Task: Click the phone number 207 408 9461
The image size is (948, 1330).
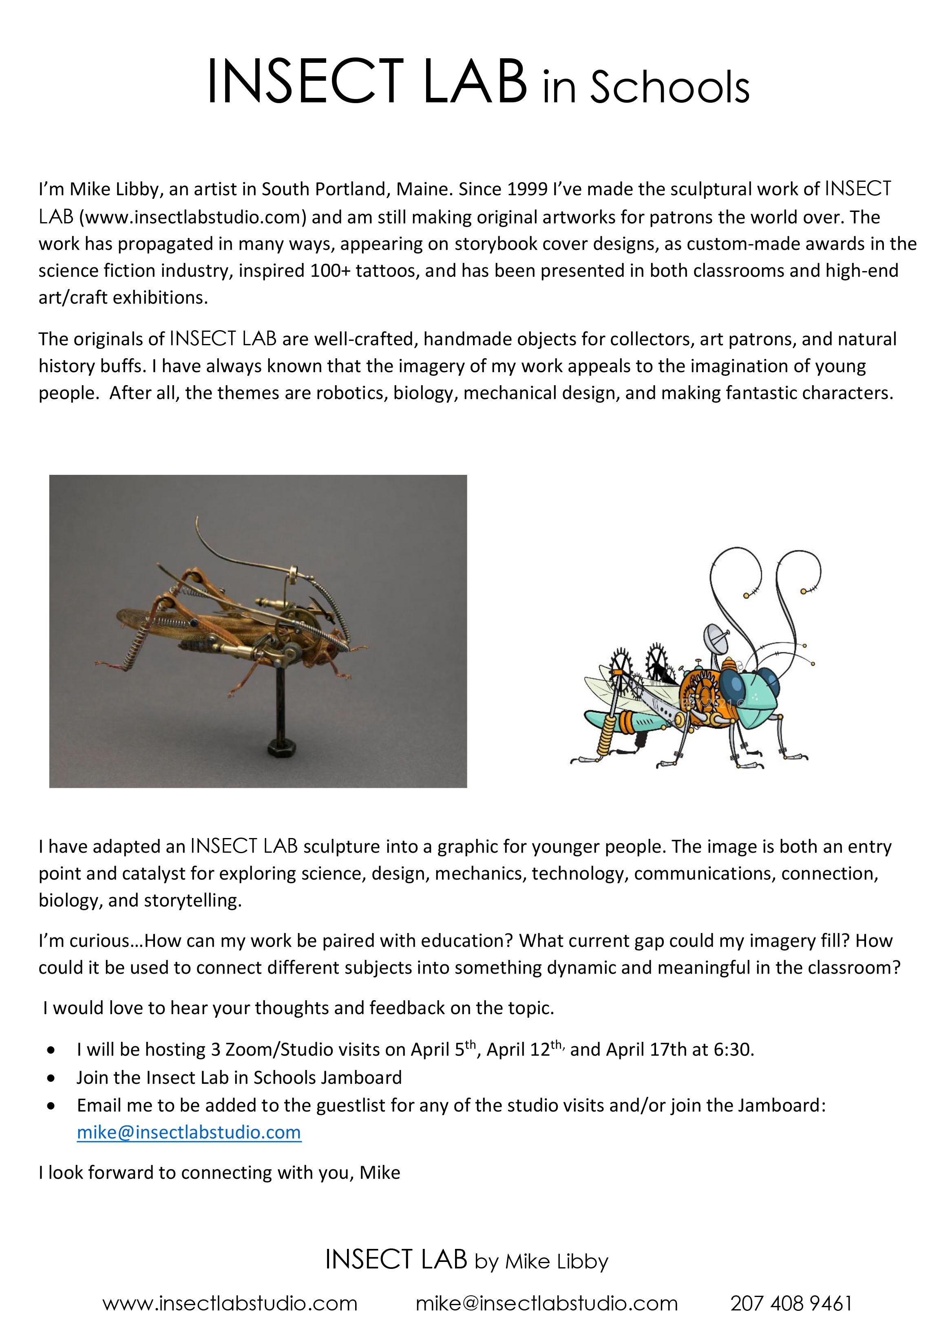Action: click(791, 1303)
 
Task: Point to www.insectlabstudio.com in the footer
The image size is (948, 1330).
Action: click(230, 1303)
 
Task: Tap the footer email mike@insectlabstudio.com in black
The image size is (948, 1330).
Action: click(546, 1303)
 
